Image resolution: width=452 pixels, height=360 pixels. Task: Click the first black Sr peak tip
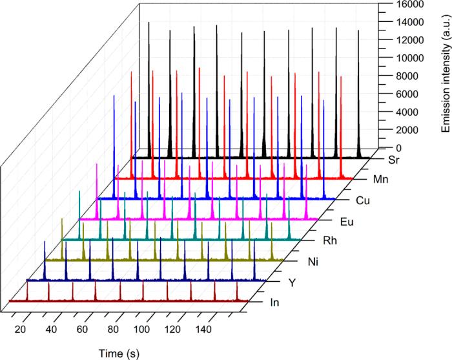coord(149,23)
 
